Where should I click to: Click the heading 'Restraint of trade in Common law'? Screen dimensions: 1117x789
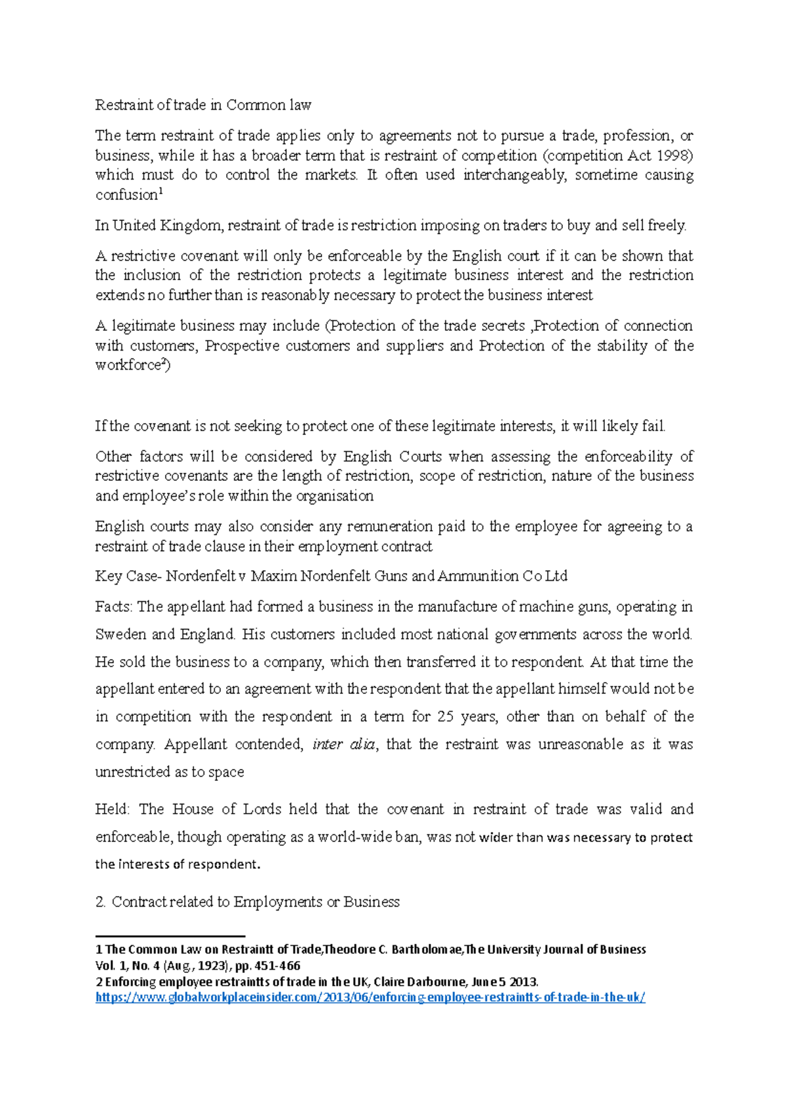[203, 105]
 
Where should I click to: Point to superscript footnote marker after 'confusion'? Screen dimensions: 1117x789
[161, 191]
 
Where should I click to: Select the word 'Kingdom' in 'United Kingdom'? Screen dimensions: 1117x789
[190, 226]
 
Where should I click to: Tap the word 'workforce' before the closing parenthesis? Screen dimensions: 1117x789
[128, 366]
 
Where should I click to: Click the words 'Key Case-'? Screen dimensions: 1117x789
[128, 577]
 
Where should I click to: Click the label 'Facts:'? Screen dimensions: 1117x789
[114, 607]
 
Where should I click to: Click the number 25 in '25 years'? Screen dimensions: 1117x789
[445, 717]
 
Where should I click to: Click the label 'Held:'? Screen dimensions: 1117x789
[113, 810]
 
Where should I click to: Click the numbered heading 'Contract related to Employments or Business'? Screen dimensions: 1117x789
[255, 903]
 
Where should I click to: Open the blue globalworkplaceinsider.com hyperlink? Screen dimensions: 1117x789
[370, 998]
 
